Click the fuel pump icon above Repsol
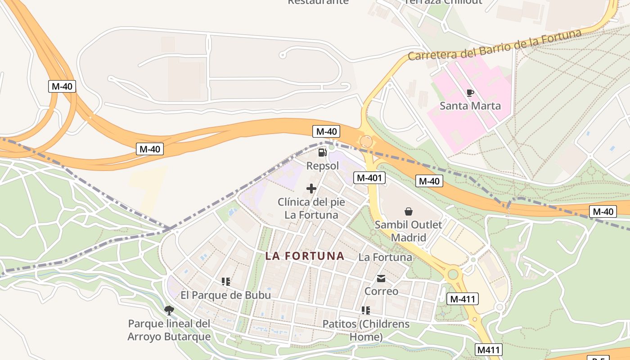point(322,153)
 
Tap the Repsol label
point(322,166)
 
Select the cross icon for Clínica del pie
point(311,189)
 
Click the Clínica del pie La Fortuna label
point(311,208)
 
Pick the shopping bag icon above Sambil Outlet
point(409,211)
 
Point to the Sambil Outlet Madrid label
point(409,230)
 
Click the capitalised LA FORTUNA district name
point(305,256)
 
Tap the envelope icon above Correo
point(381,279)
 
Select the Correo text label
point(381,291)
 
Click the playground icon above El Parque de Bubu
point(226,282)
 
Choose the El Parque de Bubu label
point(226,295)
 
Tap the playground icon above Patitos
point(366,310)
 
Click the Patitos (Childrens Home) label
point(366,330)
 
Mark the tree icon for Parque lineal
point(169,310)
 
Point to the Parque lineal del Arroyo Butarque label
point(169,330)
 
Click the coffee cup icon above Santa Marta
point(470,93)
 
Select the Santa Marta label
point(470,106)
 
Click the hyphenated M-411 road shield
point(463,298)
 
